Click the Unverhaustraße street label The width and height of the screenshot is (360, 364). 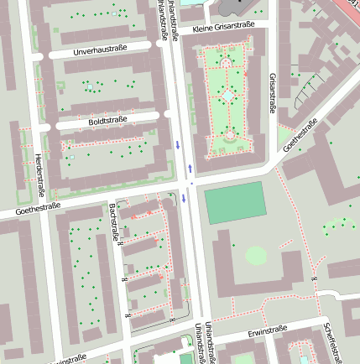click(x=100, y=50)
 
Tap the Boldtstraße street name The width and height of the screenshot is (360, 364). click(x=107, y=121)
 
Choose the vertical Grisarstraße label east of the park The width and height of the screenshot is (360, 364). click(x=273, y=92)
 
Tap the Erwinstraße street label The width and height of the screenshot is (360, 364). click(x=268, y=333)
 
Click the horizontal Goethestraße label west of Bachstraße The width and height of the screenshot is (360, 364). click(x=37, y=209)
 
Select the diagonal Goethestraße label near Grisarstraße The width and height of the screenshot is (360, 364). click(x=301, y=136)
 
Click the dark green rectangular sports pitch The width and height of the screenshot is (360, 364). click(x=235, y=204)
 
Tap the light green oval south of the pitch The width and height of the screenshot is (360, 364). click(x=256, y=255)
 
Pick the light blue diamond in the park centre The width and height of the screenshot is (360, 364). click(x=228, y=96)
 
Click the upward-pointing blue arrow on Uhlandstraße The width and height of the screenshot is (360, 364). click(x=190, y=166)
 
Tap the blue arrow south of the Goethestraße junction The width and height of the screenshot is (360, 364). click(x=184, y=199)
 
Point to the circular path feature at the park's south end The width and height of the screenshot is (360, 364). click(x=228, y=133)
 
